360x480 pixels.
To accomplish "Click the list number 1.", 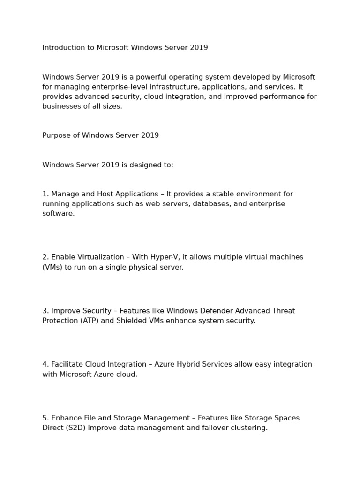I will (45, 194).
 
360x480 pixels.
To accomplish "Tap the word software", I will (58, 214).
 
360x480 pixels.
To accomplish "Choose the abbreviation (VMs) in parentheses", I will (52, 267).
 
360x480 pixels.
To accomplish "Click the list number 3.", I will (45, 311).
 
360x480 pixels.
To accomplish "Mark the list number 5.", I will (45, 418).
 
